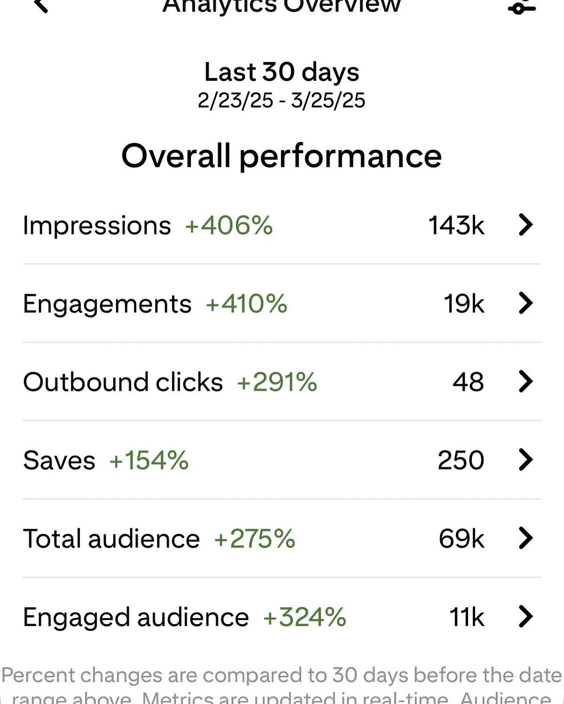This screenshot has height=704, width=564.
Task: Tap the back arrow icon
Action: point(41,5)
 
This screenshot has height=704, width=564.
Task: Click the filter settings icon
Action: point(521,7)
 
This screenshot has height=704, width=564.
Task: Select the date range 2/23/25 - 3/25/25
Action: point(281,101)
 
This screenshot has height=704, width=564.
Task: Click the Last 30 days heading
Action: point(282,72)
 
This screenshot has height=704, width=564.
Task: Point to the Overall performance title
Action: point(282,156)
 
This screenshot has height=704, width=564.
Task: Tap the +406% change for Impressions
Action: point(229,225)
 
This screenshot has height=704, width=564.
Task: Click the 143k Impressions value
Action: point(456,225)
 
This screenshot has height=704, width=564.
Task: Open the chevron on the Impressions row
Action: point(525,224)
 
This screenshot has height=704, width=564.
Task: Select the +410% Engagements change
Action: point(246,303)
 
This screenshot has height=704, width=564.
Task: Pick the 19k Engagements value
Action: point(463,303)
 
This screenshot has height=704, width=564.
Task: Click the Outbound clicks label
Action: point(123,382)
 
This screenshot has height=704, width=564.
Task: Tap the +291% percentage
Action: point(277,382)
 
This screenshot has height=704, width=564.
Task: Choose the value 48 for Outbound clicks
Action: point(468,382)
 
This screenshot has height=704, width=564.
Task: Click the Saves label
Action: point(59,460)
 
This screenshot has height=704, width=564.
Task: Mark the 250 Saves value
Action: point(461,460)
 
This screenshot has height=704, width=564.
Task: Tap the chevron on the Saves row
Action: point(525,459)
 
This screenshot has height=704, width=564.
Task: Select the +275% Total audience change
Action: point(254,539)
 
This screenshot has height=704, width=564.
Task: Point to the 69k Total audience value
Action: point(461,539)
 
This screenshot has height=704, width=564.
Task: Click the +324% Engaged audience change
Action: point(305,617)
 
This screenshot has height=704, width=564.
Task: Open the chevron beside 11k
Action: point(525,616)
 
